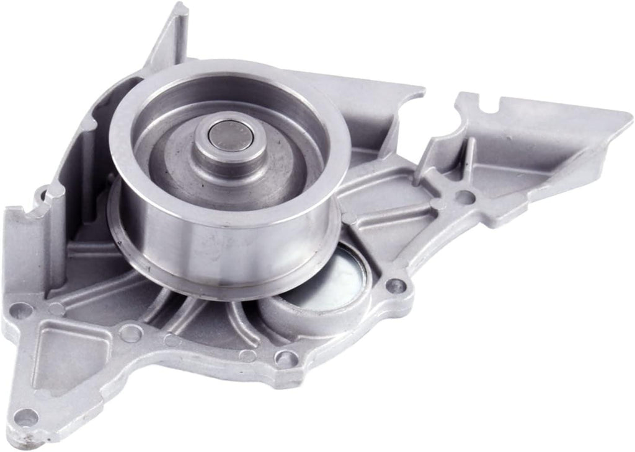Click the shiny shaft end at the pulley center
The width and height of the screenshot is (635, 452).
point(231,135)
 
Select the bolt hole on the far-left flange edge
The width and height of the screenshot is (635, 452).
point(22,310)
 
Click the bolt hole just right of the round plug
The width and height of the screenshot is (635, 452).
point(394,285)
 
